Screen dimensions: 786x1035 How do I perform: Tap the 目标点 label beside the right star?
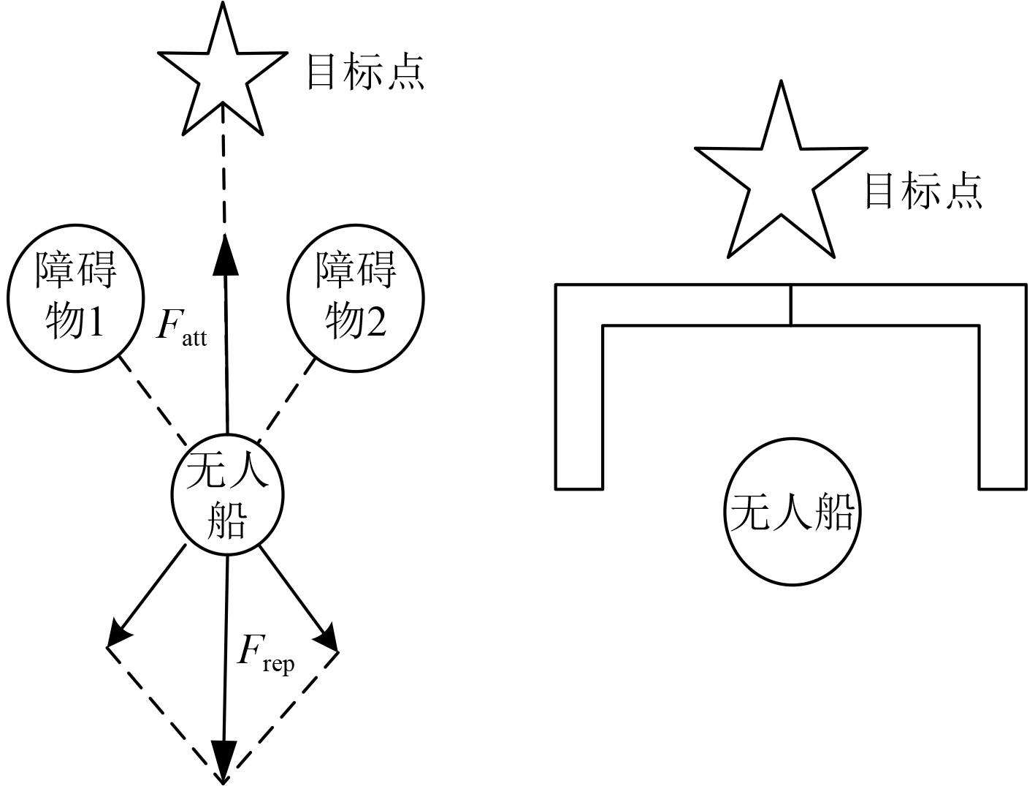pos(923,190)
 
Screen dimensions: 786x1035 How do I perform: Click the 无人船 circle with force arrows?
pos(226,497)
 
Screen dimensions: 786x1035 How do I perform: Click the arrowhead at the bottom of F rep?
pos(224,760)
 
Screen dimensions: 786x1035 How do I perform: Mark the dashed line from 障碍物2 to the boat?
pos(287,401)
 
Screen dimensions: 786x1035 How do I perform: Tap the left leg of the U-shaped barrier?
pos(578,395)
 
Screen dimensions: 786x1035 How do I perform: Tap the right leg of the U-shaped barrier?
pos(1002,395)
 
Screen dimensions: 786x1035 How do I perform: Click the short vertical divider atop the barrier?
pos(791,305)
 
